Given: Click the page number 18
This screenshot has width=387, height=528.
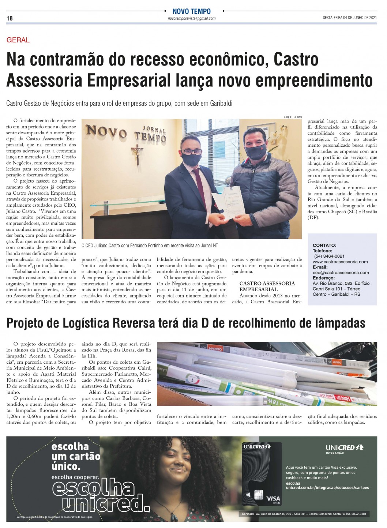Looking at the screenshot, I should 10,18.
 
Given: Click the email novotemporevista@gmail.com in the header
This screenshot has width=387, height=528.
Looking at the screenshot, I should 191,18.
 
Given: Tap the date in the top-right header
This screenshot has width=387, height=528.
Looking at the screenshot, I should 349,18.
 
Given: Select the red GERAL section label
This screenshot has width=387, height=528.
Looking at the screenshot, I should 18,40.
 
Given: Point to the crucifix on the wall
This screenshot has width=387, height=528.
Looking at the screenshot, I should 138,154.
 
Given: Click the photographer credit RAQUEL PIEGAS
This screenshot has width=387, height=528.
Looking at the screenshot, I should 293,117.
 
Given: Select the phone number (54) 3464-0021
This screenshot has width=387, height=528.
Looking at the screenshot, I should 329,256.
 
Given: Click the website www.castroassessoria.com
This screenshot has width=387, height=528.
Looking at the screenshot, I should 340,262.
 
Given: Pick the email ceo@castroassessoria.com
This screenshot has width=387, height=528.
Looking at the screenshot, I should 341,273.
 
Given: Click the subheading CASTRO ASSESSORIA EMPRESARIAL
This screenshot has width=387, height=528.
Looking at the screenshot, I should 267,286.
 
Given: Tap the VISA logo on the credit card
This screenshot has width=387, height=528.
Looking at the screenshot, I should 273,498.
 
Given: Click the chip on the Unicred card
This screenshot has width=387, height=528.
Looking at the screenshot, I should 259,495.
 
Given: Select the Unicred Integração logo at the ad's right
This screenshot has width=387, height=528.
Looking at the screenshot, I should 344,449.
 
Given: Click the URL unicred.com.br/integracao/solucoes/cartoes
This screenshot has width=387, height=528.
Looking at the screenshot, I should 327,487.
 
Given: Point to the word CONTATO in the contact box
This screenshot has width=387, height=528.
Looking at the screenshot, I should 324,245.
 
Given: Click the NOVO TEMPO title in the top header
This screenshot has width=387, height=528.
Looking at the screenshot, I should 191,11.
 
